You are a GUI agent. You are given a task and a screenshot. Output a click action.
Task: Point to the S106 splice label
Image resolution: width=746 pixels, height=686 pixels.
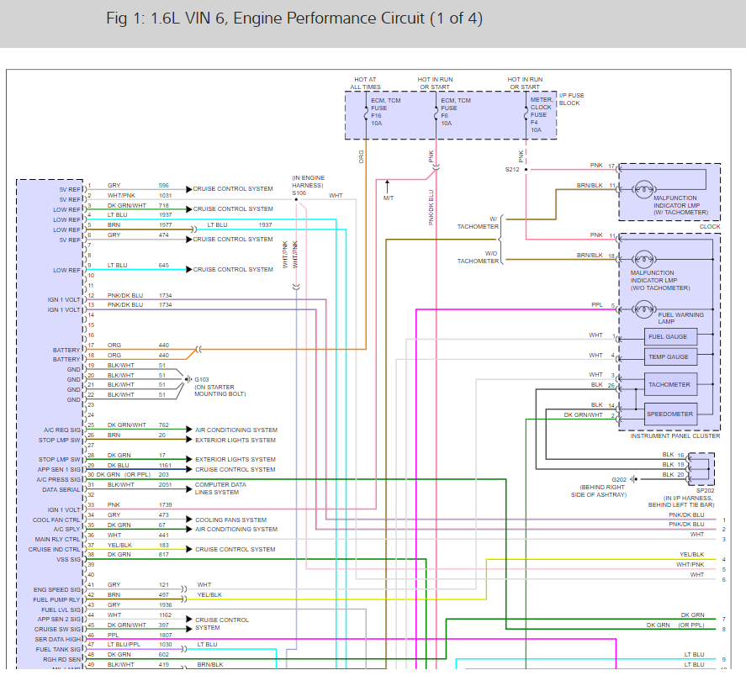tap(299, 193)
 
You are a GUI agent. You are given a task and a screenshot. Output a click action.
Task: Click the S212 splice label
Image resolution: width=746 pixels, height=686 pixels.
tap(512, 169)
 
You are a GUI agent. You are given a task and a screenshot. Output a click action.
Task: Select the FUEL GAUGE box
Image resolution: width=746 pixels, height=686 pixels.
tap(667, 337)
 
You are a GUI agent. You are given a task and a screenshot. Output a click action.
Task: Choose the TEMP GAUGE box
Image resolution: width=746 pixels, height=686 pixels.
tap(667, 357)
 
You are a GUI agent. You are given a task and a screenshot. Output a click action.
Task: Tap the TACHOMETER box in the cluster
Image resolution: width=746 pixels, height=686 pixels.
tap(669, 385)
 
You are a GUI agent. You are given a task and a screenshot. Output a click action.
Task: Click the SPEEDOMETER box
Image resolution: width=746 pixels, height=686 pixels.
tap(669, 414)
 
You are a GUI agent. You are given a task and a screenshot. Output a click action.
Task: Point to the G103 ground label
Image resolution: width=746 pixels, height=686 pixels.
tap(202, 379)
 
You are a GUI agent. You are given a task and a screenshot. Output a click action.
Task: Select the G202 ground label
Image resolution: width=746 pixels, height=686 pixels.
tap(619, 479)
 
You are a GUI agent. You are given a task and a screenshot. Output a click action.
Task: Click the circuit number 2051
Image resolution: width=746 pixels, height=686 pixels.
tap(164, 485)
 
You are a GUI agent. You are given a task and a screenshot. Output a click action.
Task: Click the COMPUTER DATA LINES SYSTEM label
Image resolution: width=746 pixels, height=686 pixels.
tap(220, 488)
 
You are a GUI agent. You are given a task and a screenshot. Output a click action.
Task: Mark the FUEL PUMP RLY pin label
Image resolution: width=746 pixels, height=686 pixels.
tap(57, 599)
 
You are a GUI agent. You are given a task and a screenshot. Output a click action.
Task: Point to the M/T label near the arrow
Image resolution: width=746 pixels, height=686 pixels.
tap(388, 198)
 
